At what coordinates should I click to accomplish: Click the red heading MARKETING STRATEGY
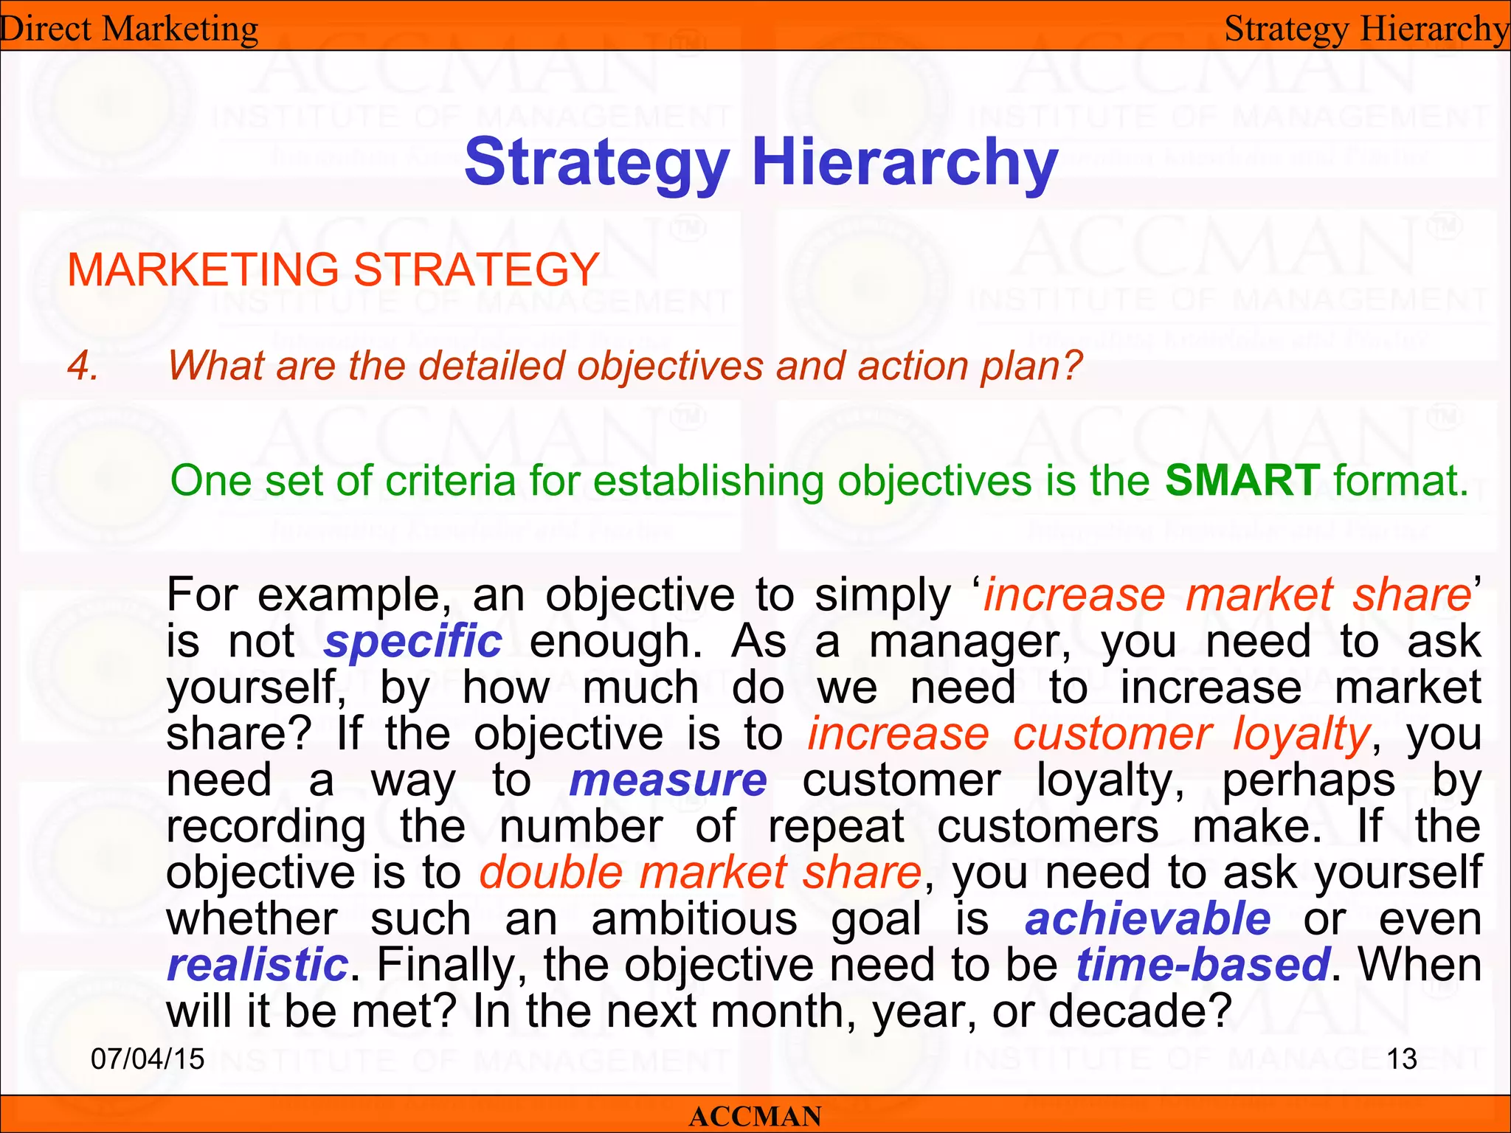[x=333, y=269]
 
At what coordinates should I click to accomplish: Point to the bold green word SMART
[x=1242, y=480]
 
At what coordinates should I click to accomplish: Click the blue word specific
[x=413, y=641]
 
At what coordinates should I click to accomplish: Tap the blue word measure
[x=668, y=780]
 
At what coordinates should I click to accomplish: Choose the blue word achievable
[x=1147, y=919]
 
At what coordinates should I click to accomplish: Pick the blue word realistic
[x=257, y=965]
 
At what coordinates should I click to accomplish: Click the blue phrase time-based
[x=1203, y=965]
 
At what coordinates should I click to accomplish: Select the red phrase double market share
[x=700, y=873]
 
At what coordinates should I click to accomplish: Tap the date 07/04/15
[x=148, y=1059]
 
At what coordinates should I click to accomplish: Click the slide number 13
[x=1402, y=1059]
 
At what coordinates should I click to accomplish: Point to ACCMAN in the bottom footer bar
[x=755, y=1116]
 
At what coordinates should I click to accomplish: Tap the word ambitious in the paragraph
[x=694, y=919]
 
